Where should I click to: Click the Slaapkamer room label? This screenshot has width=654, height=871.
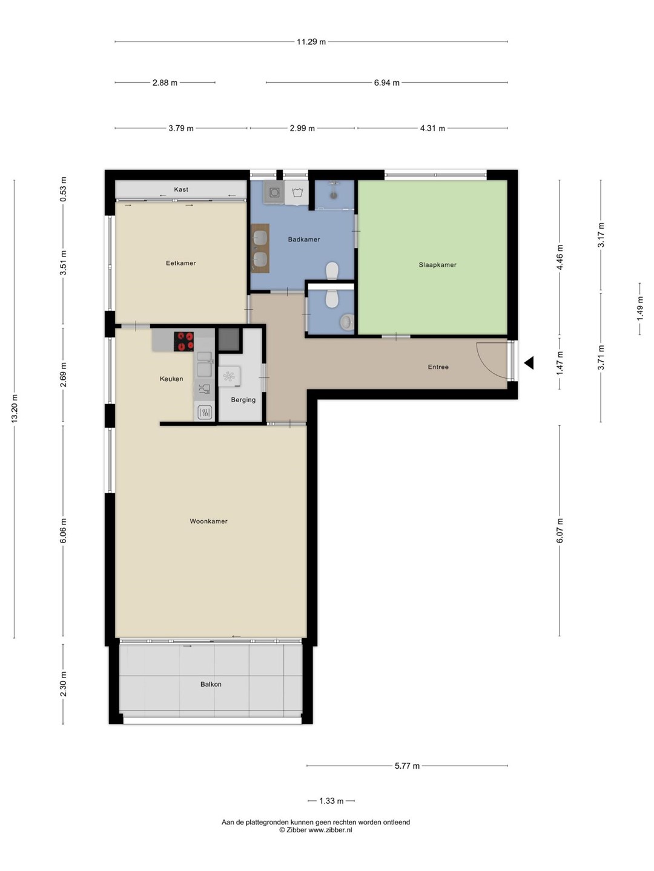437,265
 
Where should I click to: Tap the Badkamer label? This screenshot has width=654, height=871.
304,240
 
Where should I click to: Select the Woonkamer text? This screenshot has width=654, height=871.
208,521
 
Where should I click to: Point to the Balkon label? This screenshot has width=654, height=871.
211,684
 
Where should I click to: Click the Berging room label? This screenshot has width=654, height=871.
243,400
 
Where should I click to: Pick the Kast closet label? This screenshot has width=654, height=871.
181,189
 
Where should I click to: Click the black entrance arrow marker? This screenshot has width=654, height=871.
529,363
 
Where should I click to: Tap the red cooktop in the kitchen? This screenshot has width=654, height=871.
184,341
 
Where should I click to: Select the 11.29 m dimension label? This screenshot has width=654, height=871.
311,42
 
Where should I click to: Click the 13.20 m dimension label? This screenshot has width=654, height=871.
15,408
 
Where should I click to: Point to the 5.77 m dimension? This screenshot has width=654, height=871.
407,765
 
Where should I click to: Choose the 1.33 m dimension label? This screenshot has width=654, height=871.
331,801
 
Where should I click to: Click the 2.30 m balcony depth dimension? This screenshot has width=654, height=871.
63,684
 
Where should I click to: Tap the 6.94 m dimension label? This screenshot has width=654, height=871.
387,82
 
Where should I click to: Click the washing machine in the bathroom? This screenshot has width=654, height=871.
274,192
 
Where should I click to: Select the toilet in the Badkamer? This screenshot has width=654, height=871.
332,270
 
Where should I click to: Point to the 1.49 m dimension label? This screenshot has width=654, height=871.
639,308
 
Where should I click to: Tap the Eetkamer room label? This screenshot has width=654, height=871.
180,263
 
